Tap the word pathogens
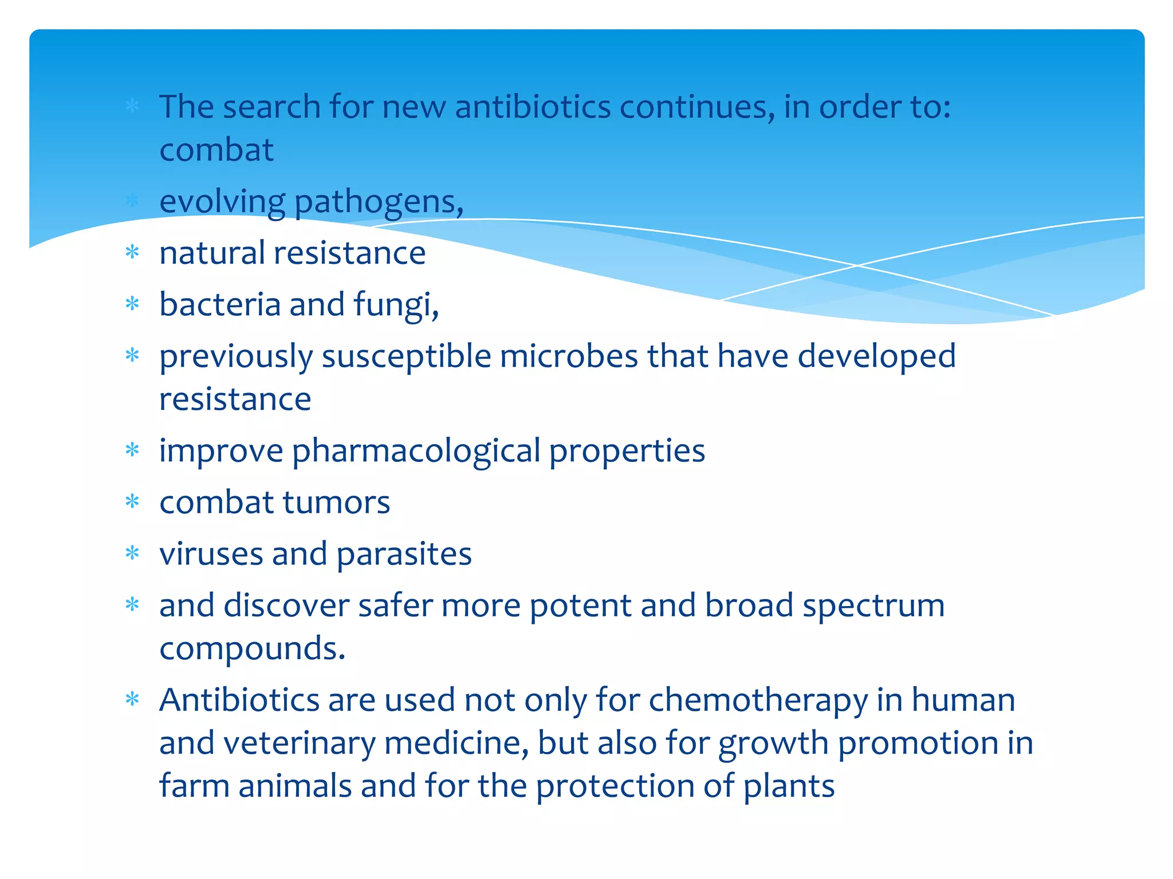click(378, 202)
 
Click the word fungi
click(395, 304)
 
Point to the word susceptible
click(406, 357)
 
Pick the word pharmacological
click(416, 451)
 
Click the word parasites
click(404, 554)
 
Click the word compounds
click(252, 649)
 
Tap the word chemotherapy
click(758, 700)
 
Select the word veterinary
click(299, 743)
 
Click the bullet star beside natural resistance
click(132, 252)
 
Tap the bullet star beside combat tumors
click(132, 502)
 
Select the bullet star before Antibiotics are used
click(132, 699)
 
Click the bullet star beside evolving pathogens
click(132, 200)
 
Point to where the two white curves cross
click(857, 266)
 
